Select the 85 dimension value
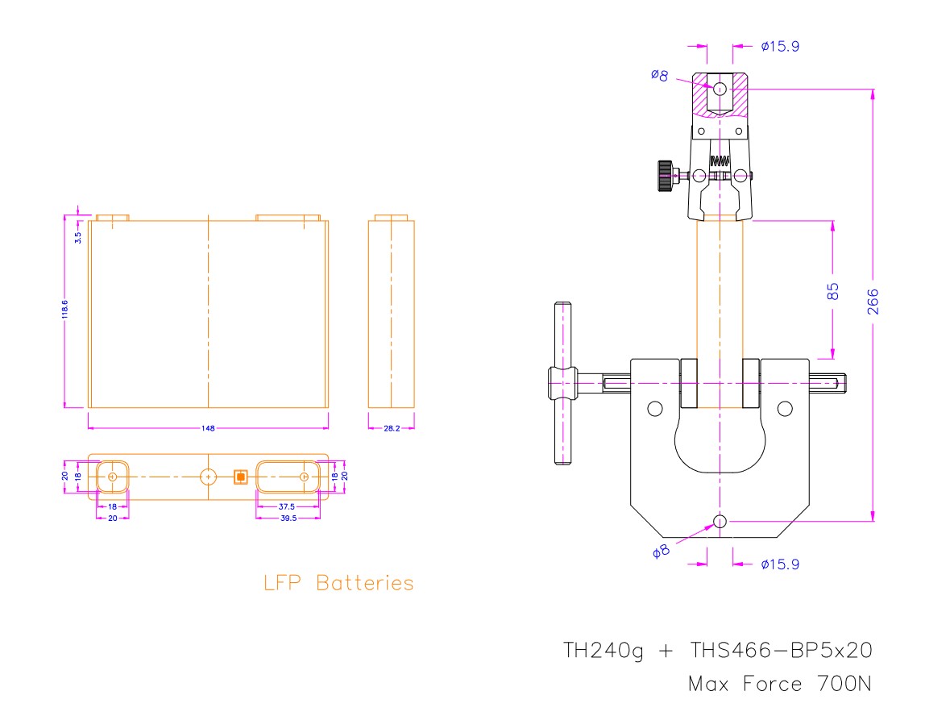(833, 291)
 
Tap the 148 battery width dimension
(208, 428)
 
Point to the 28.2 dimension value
(391, 428)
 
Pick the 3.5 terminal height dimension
(77, 237)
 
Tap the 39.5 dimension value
(288, 518)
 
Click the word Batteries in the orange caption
(364, 583)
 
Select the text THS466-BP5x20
(781, 651)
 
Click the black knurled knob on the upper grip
(665, 176)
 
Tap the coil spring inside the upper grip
(720, 160)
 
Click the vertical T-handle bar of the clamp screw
(562, 383)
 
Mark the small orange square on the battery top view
(239, 477)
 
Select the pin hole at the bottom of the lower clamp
(720, 522)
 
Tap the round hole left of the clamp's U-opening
(654, 409)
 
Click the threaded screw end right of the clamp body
(830, 382)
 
